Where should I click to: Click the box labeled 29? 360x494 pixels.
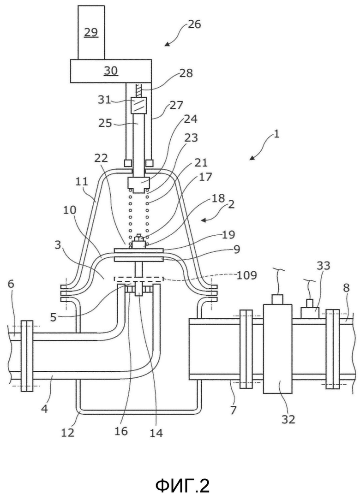[x=91, y=32]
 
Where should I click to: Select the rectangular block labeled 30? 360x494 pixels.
[x=111, y=71]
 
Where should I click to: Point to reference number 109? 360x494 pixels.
[x=246, y=275]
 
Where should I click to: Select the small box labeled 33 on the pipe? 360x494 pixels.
[x=310, y=313]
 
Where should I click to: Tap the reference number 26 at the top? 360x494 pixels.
[x=194, y=24]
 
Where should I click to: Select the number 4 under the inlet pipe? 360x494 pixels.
[x=44, y=409]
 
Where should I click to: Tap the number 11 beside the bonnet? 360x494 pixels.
[x=82, y=182]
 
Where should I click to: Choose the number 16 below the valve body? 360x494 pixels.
[x=121, y=431]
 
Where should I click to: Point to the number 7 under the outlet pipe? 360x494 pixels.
[x=233, y=410]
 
